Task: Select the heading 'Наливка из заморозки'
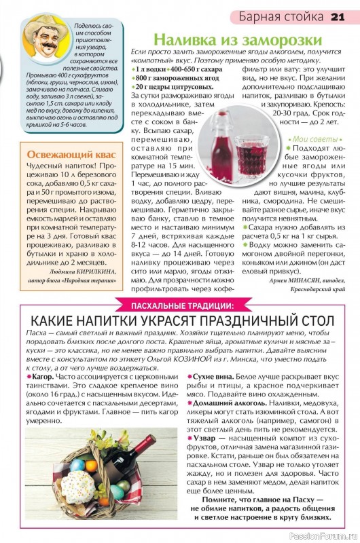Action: click(227, 40)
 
